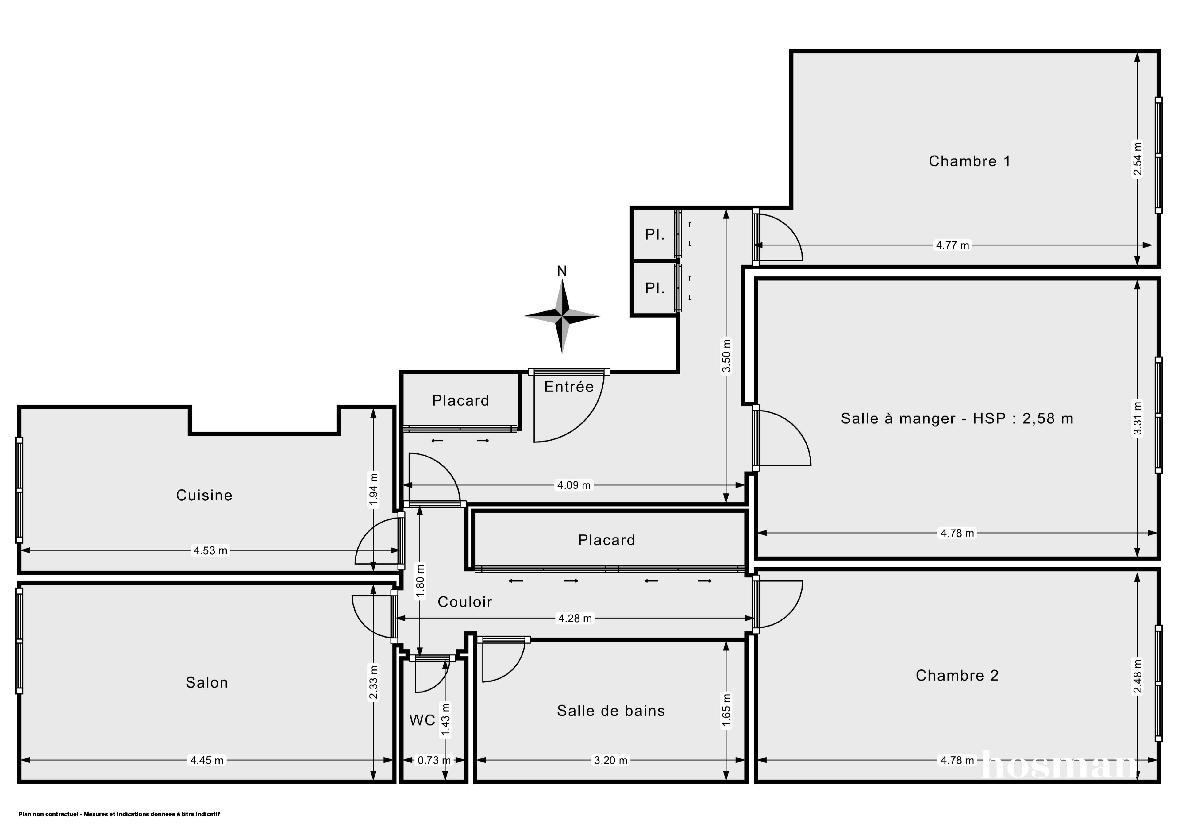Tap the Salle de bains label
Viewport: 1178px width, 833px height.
tap(610, 711)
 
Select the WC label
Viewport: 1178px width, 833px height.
tap(422, 720)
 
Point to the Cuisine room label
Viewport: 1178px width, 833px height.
tap(204, 495)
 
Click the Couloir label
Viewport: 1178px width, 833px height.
tap(464, 602)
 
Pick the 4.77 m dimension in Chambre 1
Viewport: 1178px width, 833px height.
tap(952, 245)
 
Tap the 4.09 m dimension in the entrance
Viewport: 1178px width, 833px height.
tap(574, 485)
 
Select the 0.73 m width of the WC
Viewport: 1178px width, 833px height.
tap(433, 760)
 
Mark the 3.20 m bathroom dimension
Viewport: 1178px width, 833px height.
tap(610, 760)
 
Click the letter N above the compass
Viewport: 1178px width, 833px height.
tap(562, 271)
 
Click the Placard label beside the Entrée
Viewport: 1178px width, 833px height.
tap(460, 400)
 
